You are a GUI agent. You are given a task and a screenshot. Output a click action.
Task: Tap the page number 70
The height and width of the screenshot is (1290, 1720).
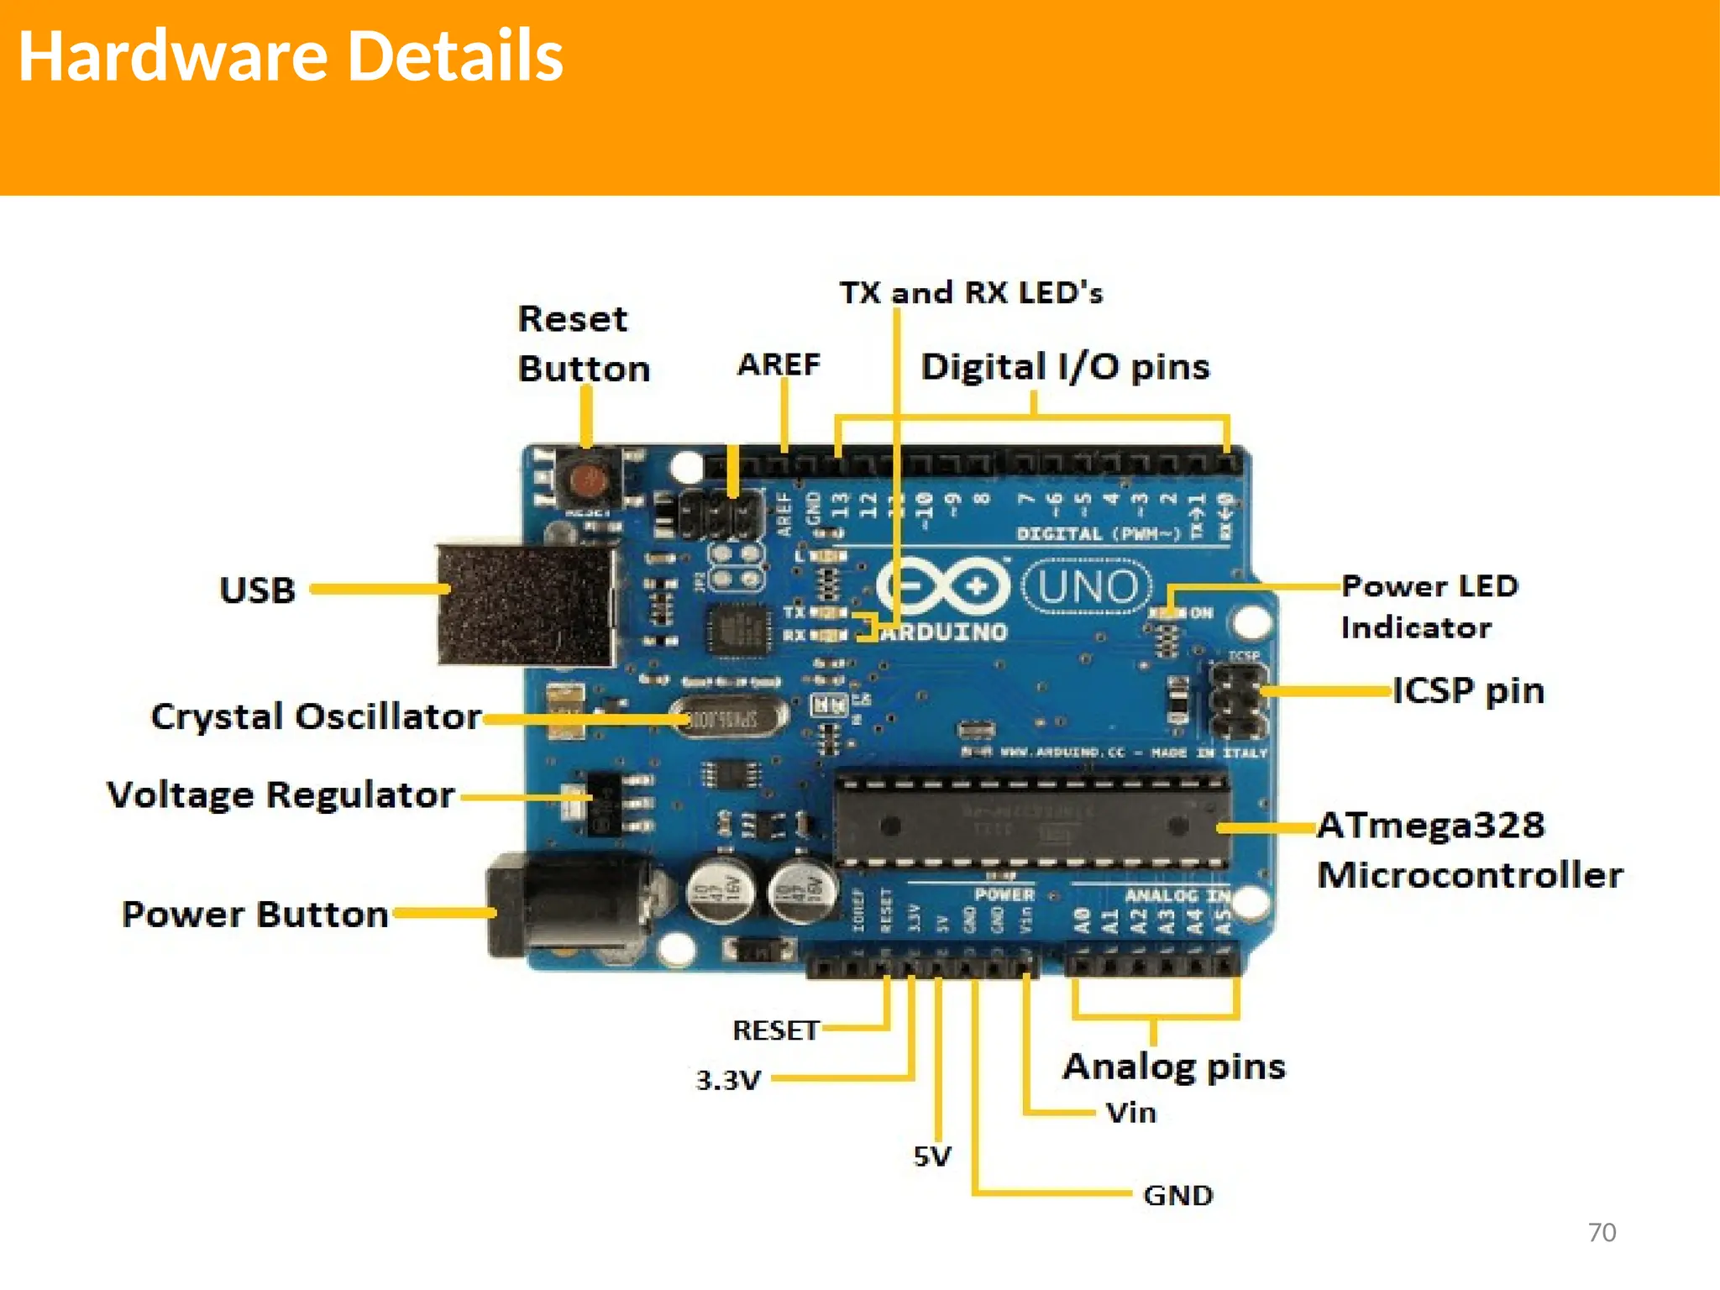tap(1602, 1232)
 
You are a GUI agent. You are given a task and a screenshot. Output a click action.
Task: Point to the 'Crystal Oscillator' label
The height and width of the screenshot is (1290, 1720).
tap(316, 716)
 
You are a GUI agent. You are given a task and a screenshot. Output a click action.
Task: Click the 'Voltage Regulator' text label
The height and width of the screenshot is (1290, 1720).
tap(281, 794)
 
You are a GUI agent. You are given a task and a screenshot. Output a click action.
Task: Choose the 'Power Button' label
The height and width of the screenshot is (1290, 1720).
tap(255, 914)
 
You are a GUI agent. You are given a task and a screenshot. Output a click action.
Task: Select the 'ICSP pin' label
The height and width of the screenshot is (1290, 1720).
tap(1469, 690)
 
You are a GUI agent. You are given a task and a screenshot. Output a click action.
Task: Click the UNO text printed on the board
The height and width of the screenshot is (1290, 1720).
tap(1087, 587)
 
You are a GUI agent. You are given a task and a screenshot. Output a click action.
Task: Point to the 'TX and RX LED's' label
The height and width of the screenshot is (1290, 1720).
tap(971, 292)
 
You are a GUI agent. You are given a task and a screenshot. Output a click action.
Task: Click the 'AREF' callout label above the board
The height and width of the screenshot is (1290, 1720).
tap(779, 364)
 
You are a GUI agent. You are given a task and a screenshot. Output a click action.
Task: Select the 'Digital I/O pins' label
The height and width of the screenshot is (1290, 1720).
tap(1065, 367)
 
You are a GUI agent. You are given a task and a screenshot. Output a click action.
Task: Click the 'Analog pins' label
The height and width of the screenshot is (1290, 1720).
tap(1174, 1067)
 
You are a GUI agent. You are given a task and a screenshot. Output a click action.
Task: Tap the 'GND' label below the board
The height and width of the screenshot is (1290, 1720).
tap(1177, 1195)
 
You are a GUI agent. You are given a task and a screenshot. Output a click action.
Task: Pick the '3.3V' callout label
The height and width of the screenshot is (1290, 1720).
tap(728, 1080)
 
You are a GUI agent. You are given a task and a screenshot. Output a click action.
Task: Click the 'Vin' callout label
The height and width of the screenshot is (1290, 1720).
tap(1130, 1113)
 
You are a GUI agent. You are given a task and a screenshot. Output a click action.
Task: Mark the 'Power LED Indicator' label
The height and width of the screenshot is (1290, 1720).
tap(1428, 606)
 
